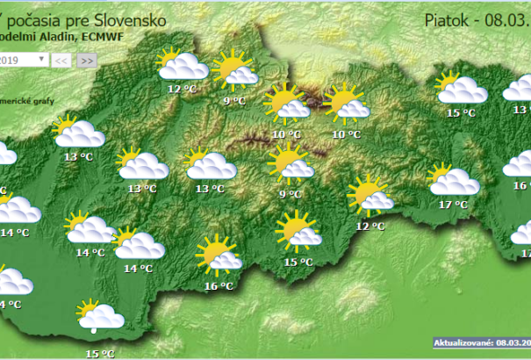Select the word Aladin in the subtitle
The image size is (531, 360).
coord(42,38)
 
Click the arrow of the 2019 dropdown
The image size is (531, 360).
coord(43,60)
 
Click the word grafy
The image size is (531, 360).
coord(44,100)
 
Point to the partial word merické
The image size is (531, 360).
coord(15,100)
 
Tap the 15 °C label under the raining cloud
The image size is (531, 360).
coord(99,353)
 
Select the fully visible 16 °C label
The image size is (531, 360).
coord(219,285)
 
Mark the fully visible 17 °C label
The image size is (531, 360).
coord(453,205)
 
